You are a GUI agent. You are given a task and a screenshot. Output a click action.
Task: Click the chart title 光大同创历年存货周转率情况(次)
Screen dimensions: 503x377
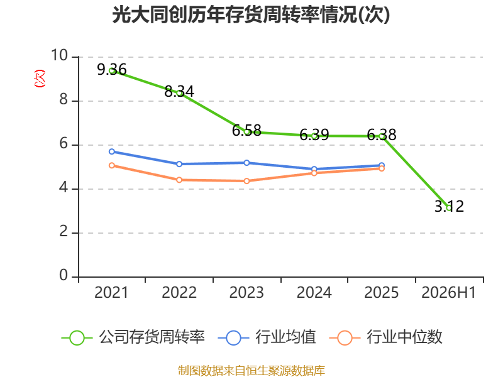pyautogui.click(x=251, y=14)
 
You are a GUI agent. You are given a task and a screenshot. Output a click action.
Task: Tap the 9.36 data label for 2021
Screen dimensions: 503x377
pyautogui.click(x=112, y=70)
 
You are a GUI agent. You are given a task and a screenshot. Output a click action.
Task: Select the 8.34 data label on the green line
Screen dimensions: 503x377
pyautogui.click(x=179, y=92)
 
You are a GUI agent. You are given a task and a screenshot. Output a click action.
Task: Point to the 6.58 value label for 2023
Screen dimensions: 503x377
pyautogui.click(x=246, y=131)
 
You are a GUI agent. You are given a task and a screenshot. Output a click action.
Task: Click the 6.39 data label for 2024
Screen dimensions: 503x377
pyautogui.click(x=314, y=134)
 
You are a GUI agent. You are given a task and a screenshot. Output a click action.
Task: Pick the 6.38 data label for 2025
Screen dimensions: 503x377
pyautogui.click(x=382, y=134)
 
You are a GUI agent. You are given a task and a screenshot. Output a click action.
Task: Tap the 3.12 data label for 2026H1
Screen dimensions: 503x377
pyautogui.click(x=449, y=206)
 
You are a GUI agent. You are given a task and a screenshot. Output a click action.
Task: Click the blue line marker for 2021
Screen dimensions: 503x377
pyautogui.click(x=112, y=151)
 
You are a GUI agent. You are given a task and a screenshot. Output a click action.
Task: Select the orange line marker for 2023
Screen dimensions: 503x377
pyautogui.click(x=246, y=181)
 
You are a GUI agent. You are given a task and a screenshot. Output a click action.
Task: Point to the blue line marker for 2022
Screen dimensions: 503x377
pyautogui.click(x=179, y=164)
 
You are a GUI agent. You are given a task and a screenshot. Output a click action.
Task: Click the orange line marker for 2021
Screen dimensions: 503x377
pyautogui.click(x=112, y=165)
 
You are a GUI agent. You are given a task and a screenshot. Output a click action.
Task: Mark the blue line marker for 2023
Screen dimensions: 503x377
pyautogui.click(x=246, y=163)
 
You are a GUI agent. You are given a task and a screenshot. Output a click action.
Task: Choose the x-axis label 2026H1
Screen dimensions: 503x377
pyautogui.click(x=448, y=292)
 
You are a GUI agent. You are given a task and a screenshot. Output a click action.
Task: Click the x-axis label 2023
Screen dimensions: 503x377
pyautogui.click(x=246, y=292)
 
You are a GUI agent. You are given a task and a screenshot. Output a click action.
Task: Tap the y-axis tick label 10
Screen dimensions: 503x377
pyautogui.click(x=60, y=55)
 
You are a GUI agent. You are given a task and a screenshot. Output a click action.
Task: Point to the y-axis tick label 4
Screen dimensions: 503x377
pyautogui.click(x=64, y=187)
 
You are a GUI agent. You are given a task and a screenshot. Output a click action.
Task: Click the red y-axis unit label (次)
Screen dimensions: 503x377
pyautogui.click(x=40, y=79)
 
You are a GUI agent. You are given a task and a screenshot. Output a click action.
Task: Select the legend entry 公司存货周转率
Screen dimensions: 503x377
pyautogui.click(x=133, y=337)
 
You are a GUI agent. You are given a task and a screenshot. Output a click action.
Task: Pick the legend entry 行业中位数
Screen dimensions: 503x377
pyautogui.click(x=386, y=337)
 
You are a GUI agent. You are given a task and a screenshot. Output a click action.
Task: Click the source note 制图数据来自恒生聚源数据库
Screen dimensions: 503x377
pyautogui.click(x=251, y=371)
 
